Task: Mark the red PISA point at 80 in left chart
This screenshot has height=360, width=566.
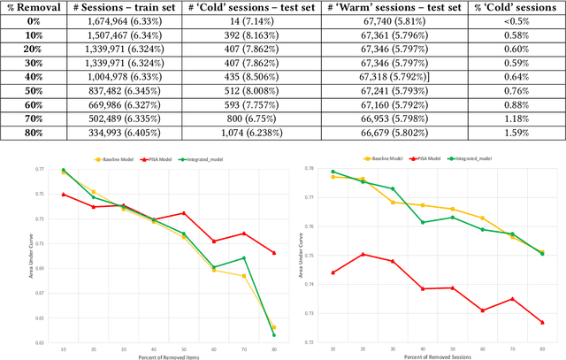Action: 273,253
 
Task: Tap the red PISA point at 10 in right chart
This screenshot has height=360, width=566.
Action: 332,272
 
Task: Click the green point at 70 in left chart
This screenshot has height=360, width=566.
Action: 243,257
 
